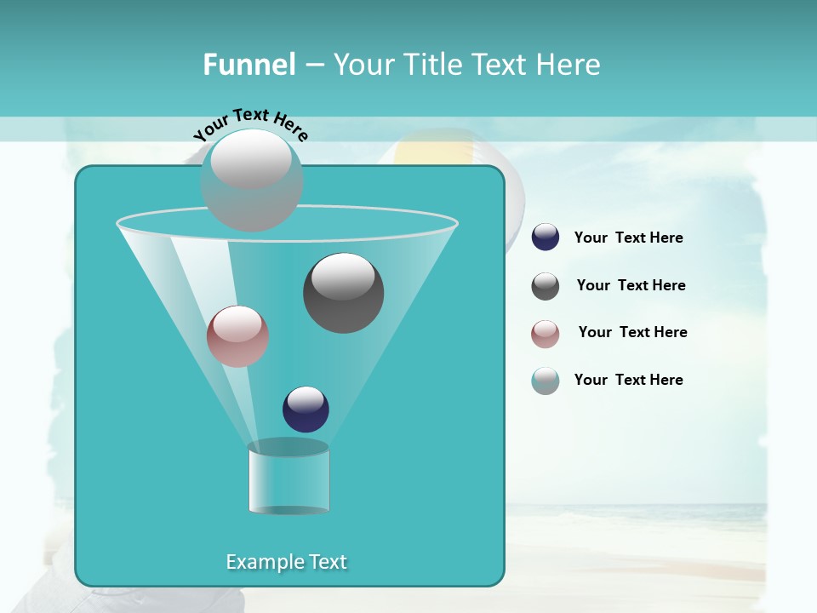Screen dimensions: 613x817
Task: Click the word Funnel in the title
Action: (x=249, y=65)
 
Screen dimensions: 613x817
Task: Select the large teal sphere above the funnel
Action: (x=252, y=180)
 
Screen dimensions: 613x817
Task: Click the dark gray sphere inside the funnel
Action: (x=344, y=293)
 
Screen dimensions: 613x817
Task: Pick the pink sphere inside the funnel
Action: (x=237, y=336)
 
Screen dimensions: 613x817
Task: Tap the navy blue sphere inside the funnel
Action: (x=306, y=410)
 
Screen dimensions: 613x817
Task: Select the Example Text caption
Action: (x=287, y=562)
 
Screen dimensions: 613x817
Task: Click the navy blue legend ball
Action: (x=546, y=238)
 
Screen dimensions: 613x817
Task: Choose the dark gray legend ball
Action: (x=546, y=286)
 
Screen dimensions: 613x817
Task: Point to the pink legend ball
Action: (x=546, y=334)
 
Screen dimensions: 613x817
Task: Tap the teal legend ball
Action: (x=546, y=381)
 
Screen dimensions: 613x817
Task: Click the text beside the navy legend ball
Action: (x=629, y=238)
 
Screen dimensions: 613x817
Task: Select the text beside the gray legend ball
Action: (x=631, y=285)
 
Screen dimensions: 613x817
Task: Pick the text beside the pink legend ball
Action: (x=633, y=332)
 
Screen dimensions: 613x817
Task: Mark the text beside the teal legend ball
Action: (x=629, y=380)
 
